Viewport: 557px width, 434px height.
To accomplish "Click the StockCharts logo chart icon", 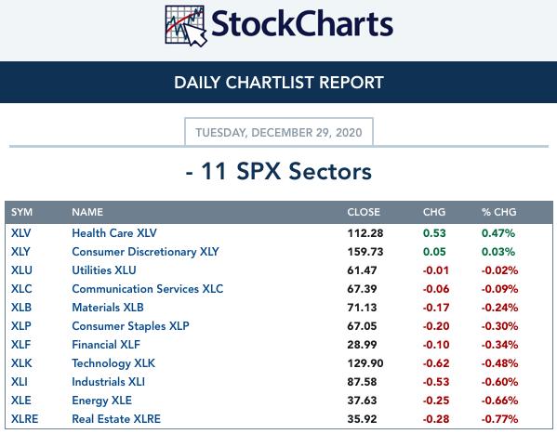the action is tap(186, 26).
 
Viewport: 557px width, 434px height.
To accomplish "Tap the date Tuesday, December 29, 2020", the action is tap(279, 133).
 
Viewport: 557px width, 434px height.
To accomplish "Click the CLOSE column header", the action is tap(364, 212).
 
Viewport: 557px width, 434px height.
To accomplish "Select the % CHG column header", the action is tap(498, 212).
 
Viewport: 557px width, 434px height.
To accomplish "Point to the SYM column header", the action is tap(21, 212).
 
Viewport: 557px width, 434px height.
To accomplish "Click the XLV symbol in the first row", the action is tap(21, 233).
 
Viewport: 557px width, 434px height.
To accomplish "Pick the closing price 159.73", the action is tap(365, 252).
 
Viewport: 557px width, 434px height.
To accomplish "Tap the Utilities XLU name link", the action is tap(104, 270).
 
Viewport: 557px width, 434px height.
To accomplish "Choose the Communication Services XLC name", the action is tap(148, 289).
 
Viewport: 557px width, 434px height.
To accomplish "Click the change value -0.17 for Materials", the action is tap(436, 308).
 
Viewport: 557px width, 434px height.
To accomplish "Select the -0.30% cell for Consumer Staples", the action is tap(499, 326).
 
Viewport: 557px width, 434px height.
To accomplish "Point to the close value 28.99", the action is tap(362, 345).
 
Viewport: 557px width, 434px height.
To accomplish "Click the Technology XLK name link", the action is tap(113, 363).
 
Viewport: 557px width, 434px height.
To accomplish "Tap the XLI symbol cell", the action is tap(20, 382).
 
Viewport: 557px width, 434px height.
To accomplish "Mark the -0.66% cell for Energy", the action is tap(499, 401).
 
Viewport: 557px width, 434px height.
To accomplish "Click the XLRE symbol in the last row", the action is tap(24, 419).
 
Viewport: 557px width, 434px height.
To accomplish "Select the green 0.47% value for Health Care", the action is tap(498, 233).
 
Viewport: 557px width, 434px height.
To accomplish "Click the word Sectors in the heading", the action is tap(330, 171).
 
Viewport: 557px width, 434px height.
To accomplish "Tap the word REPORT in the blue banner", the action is tap(351, 83).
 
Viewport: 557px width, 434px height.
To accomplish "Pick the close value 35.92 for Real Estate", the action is tap(362, 419).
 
